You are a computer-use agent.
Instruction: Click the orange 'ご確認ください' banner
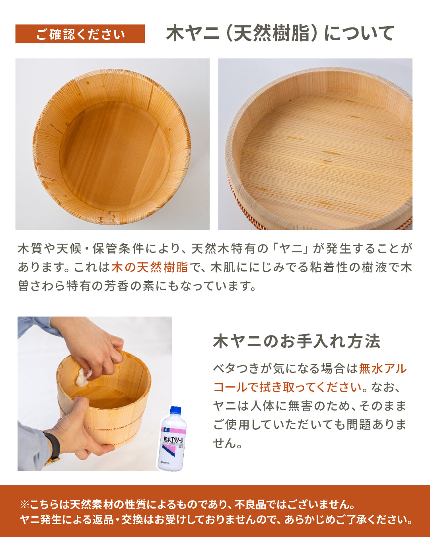tap(80, 34)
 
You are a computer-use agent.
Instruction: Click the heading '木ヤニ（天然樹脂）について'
tap(280, 33)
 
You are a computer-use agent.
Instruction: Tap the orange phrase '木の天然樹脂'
tap(150, 267)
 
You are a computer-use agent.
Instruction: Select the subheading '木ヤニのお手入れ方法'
tap(297, 341)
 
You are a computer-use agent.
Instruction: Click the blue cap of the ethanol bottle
tap(175, 411)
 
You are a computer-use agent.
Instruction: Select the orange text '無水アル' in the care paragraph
tap(383, 368)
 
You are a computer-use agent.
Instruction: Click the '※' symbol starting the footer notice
tap(25, 504)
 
